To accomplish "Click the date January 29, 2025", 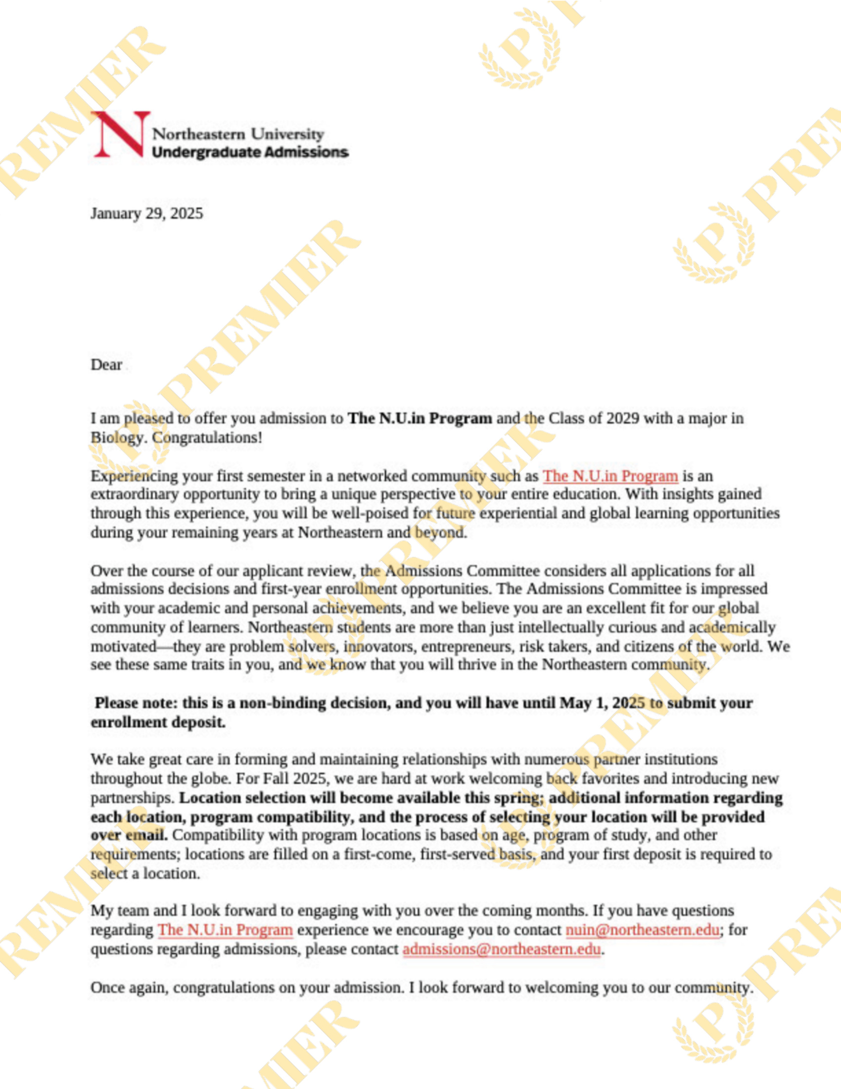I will pyautogui.click(x=146, y=213).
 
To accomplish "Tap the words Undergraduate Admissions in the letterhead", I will pyautogui.click(x=250, y=152).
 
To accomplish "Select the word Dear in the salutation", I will pyautogui.click(x=106, y=364).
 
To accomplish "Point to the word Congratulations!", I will pyautogui.click(x=207, y=437).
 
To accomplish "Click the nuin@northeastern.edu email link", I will pyautogui.click(x=642, y=930).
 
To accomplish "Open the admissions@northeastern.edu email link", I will pyautogui.click(x=501, y=949).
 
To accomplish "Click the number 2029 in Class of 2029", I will pyautogui.click(x=622, y=418).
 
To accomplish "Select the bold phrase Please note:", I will pyautogui.click(x=136, y=702).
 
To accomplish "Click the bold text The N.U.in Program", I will pyautogui.click(x=420, y=418).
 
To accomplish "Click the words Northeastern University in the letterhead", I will pyautogui.click(x=237, y=134).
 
